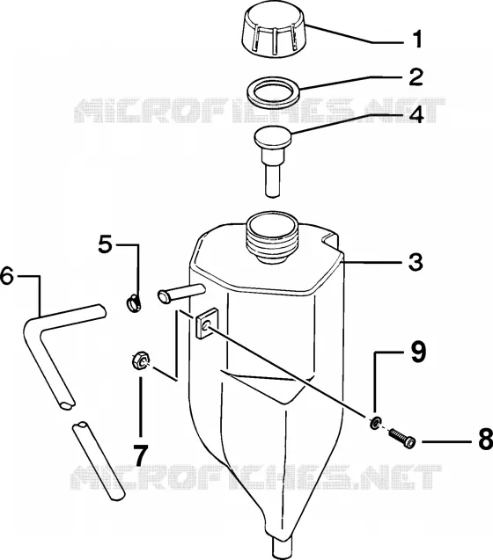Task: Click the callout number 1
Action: [x=417, y=40]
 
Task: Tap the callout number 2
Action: [x=416, y=76]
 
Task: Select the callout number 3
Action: [x=416, y=262]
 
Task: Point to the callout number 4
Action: [x=416, y=114]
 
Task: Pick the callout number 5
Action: [x=106, y=244]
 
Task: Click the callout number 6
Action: [x=7, y=275]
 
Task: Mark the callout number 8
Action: [x=485, y=439]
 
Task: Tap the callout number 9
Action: [x=418, y=352]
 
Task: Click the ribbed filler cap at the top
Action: [x=275, y=33]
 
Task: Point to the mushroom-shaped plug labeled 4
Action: [x=273, y=158]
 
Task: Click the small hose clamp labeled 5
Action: [x=134, y=304]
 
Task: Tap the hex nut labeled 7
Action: [x=140, y=361]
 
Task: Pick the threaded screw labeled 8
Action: [x=402, y=438]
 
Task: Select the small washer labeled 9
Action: [x=374, y=423]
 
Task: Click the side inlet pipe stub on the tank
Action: [x=181, y=294]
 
